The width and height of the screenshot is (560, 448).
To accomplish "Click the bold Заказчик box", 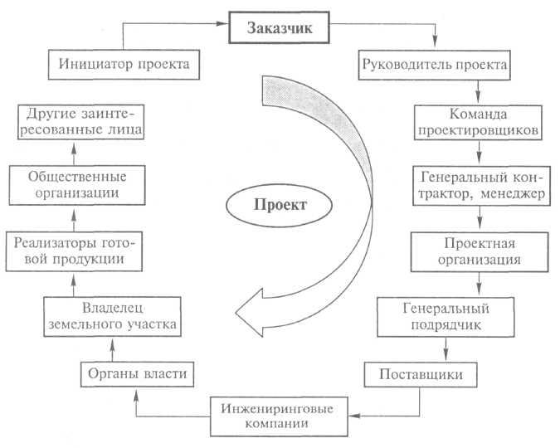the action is tap(279, 27).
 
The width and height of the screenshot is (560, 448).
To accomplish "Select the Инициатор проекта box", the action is tap(124, 65).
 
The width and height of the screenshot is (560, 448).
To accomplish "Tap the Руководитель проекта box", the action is tap(434, 65).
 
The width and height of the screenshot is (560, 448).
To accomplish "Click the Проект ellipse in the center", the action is tap(280, 205).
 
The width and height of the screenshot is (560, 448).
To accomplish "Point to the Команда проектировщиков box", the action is tap(478, 122).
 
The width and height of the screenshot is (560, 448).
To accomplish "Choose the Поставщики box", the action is tap(421, 374).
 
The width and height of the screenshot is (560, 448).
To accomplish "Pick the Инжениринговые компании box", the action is tap(279, 416).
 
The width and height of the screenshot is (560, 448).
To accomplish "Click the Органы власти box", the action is tap(137, 374).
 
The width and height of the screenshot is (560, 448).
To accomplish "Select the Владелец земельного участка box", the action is tap(113, 317).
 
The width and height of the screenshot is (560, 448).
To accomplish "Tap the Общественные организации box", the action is tap(77, 185).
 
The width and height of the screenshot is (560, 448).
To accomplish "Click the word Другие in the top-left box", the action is tap(51, 114).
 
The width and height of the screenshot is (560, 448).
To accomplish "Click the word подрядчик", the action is tap(446, 325).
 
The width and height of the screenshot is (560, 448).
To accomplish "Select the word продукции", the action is tap(89, 260).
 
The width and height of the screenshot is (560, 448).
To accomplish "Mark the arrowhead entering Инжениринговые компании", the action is tap(354, 416).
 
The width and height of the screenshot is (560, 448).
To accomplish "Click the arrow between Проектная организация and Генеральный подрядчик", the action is tap(479, 284).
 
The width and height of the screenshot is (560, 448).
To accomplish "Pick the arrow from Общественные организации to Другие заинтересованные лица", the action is tap(74, 153).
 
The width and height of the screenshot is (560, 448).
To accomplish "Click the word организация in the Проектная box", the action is tap(480, 260).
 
